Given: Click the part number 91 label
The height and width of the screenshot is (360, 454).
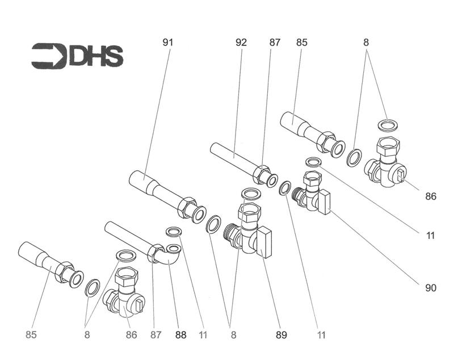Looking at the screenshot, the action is click(x=167, y=42).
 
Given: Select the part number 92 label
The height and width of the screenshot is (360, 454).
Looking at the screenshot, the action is click(x=241, y=42).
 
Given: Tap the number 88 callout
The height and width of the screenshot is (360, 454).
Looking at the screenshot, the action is click(x=180, y=335).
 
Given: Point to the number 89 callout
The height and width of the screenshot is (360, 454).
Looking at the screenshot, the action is click(x=281, y=335).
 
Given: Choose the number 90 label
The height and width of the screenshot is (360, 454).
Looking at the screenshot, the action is click(x=431, y=288).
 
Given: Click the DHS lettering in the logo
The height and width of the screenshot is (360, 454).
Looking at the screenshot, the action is click(x=96, y=56).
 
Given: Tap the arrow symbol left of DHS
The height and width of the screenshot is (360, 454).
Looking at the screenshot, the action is click(x=49, y=56).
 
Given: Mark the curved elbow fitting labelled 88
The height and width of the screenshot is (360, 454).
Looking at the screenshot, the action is click(x=167, y=256).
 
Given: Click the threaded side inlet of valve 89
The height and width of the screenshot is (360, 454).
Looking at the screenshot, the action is click(x=232, y=235).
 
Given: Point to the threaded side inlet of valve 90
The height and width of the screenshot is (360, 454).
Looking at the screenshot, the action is click(x=299, y=196).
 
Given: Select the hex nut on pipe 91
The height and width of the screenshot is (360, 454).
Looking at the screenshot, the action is click(x=186, y=208).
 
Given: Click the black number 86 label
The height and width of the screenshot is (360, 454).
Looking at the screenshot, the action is click(x=431, y=196).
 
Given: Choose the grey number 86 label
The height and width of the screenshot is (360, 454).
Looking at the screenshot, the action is click(x=131, y=335).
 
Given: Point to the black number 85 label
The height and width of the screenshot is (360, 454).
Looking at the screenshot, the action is click(x=301, y=42).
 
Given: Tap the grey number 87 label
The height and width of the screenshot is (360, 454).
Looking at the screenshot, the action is click(x=155, y=335).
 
